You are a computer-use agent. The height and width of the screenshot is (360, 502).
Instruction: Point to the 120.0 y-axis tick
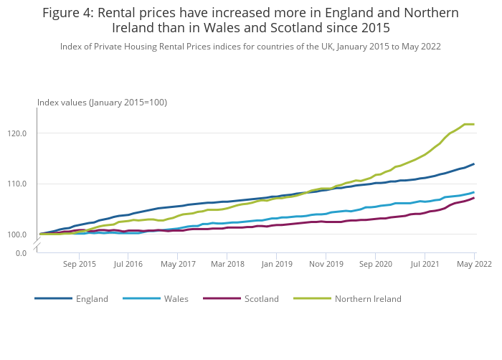click(x=17, y=133)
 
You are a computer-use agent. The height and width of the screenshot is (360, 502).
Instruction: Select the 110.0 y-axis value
click(x=17, y=184)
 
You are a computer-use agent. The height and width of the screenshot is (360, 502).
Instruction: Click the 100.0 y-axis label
click(x=17, y=235)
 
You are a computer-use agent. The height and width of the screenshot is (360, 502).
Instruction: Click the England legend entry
click(x=92, y=299)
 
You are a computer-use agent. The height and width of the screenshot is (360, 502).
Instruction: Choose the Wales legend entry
click(x=176, y=299)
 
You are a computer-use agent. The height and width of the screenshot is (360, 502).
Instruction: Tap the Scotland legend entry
click(x=261, y=299)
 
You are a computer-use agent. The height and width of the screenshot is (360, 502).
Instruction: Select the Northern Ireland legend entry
click(x=368, y=299)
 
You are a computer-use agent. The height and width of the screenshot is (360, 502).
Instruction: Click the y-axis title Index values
click(x=102, y=103)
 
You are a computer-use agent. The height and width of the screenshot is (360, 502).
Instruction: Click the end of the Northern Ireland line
click(x=473, y=124)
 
